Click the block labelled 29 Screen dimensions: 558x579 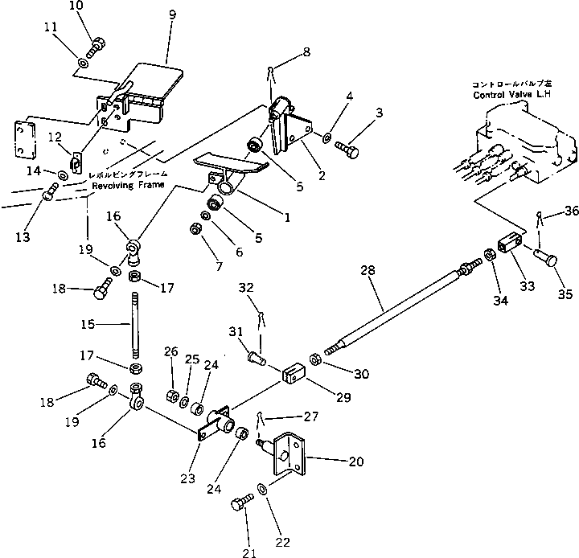(x=294, y=375)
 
